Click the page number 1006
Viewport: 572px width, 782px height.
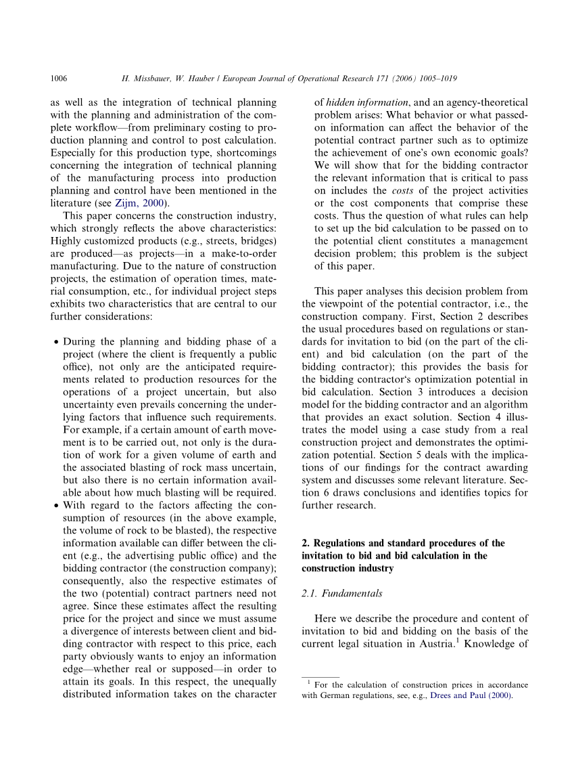[59, 79]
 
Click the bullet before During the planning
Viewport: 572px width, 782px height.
[56, 342]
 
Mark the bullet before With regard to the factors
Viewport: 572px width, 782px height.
[56, 505]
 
